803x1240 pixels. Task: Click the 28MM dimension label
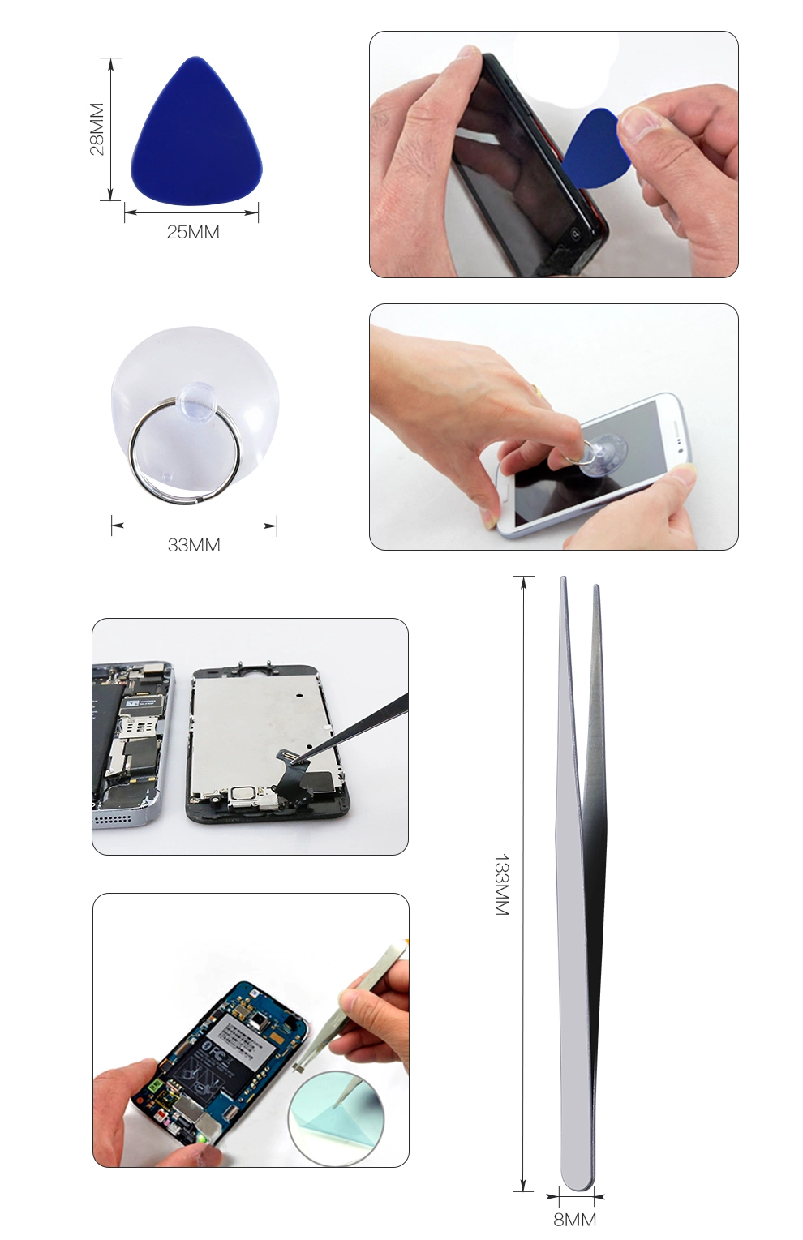click(97, 129)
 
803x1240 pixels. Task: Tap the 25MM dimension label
click(193, 232)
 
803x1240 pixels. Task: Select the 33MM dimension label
click(194, 545)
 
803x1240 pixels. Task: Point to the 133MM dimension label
click(501, 885)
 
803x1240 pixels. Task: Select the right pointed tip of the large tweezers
click(596, 586)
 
